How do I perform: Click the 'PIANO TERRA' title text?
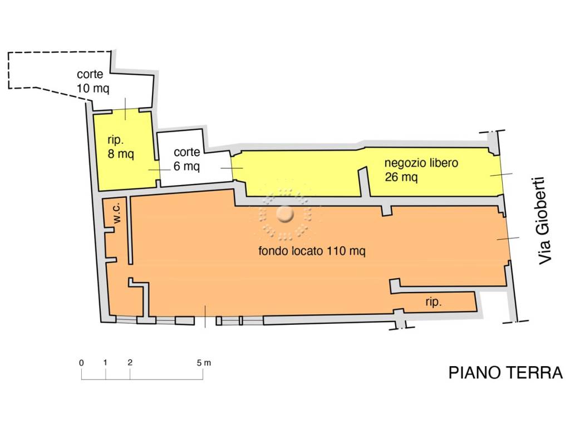click(x=505, y=373)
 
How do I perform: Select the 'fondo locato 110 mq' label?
click(x=312, y=251)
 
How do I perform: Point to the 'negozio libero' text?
click(x=421, y=163)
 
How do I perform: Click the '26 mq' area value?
click(x=401, y=177)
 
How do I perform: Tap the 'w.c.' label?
click(x=117, y=213)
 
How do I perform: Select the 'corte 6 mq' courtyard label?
click(x=186, y=159)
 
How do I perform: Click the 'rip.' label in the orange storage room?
click(x=434, y=303)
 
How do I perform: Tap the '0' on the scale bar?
click(x=81, y=363)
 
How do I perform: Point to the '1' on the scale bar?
click(x=105, y=363)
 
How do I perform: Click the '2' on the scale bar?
click(x=130, y=363)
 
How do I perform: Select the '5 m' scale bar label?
click(x=204, y=363)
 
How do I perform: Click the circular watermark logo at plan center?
click(x=285, y=213)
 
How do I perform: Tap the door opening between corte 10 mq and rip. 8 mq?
click(x=125, y=110)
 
